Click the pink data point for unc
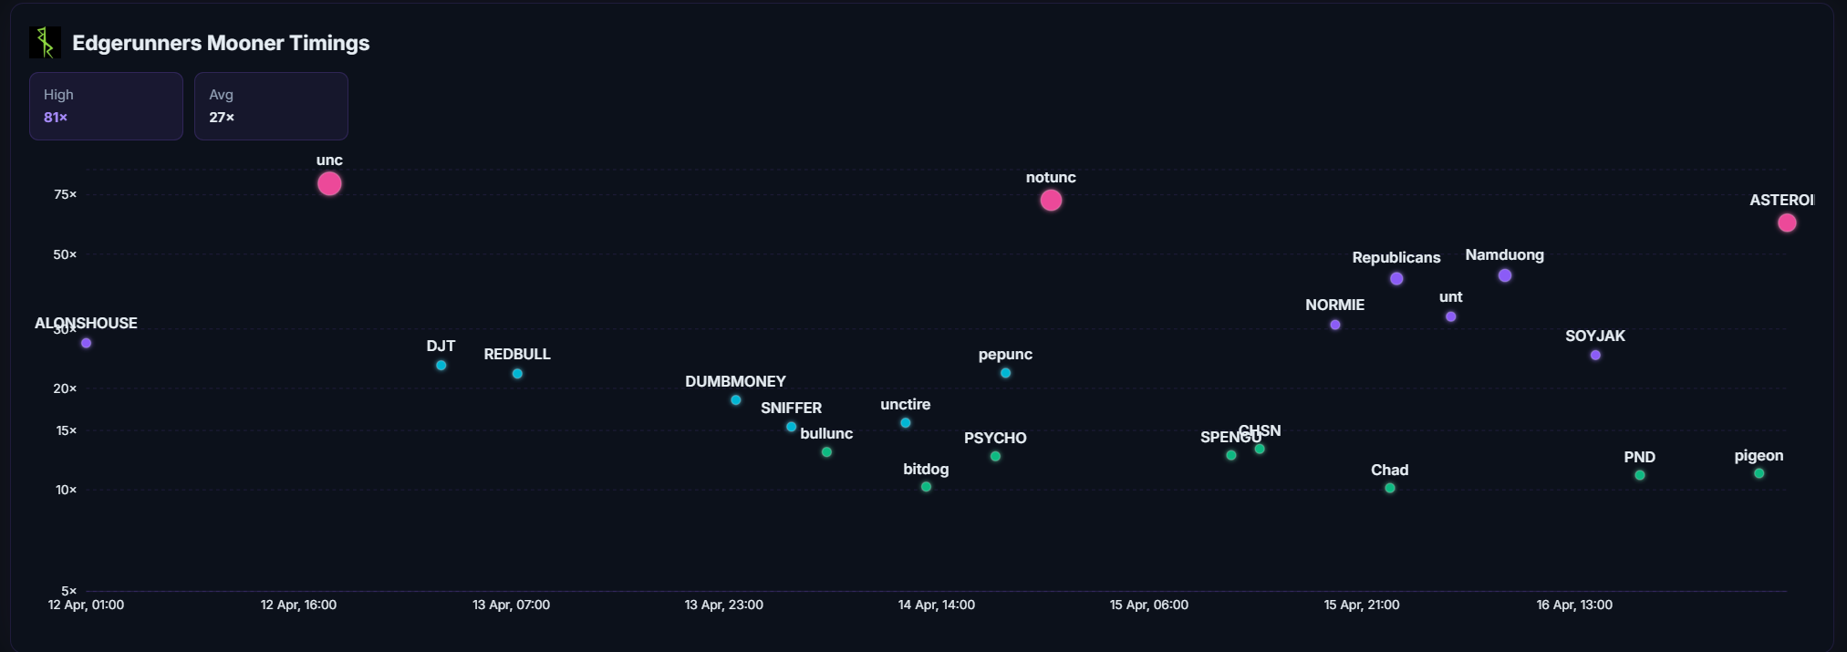click(x=329, y=184)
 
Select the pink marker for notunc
click(x=1051, y=201)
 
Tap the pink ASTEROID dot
click(x=1787, y=223)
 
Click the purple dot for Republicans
click(x=1396, y=279)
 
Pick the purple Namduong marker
click(x=1505, y=275)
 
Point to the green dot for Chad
click(x=1390, y=489)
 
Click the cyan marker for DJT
click(x=441, y=366)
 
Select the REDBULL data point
click(x=517, y=374)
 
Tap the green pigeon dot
click(x=1759, y=473)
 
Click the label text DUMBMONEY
click(x=735, y=381)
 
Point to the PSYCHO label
click(x=995, y=438)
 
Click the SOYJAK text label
click(x=1595, y=336)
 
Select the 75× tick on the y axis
click(x=65, y=194)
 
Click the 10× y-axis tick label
click(x=66, y=490)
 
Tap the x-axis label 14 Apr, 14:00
click(x=936, y=605)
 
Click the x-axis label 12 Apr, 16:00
click(x=298, y=605)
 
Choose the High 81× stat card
click(x=106, y=106)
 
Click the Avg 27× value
click(x=222, y=118)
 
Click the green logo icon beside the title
click(x=45, y=43)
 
